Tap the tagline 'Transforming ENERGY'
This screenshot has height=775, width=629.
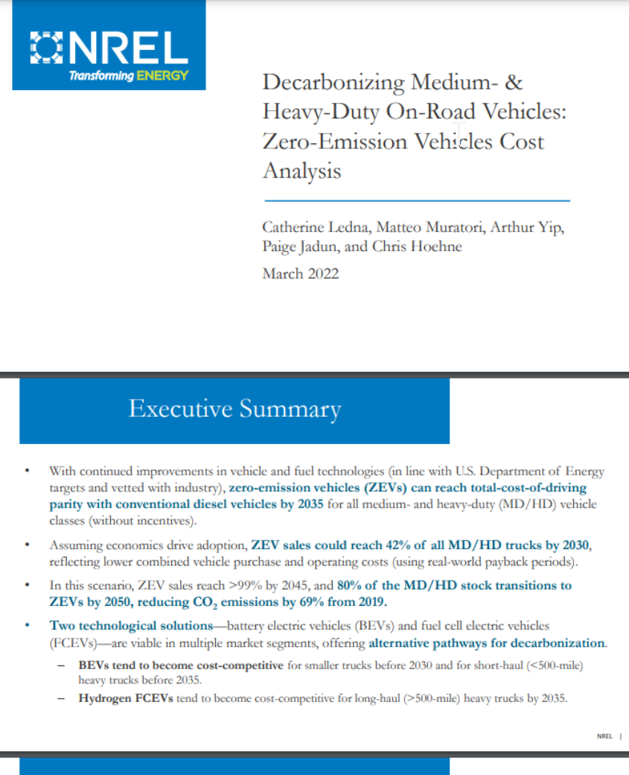click(x=128, y=76)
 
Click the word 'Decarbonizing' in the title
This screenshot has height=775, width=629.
click(x=325, y=82)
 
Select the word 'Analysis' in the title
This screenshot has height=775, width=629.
click(x=301, y=171)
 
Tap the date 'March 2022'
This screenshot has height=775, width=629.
click(x=300, y=273)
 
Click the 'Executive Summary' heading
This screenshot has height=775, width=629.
click(x=234, y=409)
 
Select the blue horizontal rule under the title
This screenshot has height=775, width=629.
click(x=416, y=200)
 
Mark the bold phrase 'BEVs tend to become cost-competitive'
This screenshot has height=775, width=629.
click(x=180, y=665)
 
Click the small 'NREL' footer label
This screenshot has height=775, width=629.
click(x=605, y=736)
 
